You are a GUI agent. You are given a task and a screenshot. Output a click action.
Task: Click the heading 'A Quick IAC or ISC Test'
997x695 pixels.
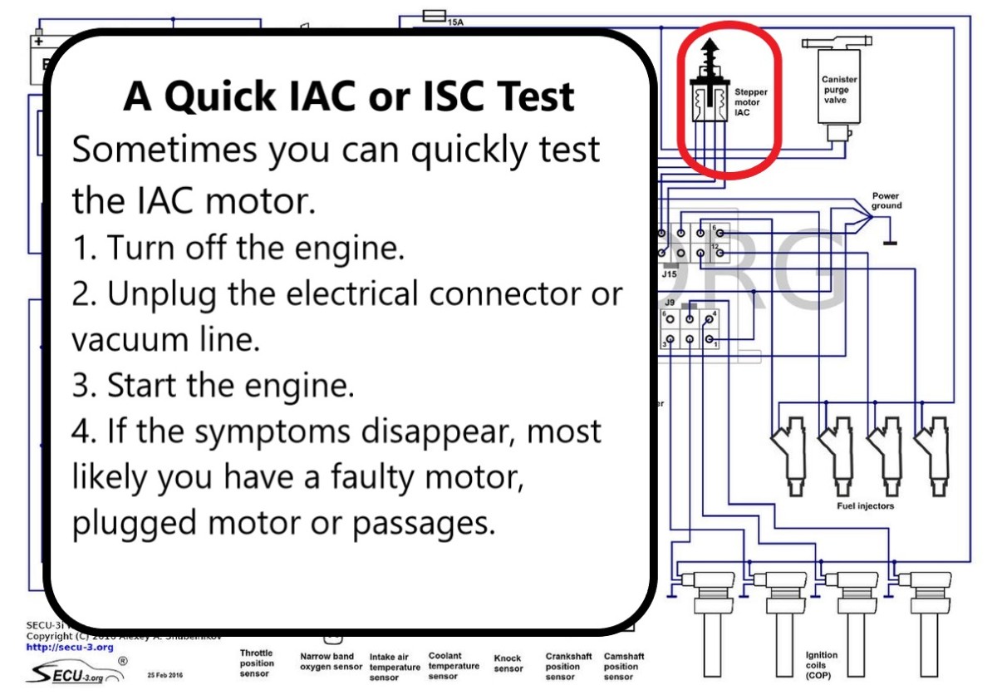tap(349, 96)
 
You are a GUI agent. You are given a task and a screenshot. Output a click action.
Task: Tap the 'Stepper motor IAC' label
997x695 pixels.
tap(750, 102)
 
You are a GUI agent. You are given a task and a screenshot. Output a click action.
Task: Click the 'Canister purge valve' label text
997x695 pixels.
tap(840, 90)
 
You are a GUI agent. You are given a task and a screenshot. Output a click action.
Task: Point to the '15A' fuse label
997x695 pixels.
tap(455, 22)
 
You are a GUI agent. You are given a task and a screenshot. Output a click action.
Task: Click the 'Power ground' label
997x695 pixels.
tap(886, 201)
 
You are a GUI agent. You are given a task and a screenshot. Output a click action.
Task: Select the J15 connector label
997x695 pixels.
tap(669, 273)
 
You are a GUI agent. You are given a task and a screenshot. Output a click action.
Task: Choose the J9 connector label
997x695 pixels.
tap(669, 303)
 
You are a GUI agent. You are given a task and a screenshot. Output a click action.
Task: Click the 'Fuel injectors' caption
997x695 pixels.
tap(865, 505)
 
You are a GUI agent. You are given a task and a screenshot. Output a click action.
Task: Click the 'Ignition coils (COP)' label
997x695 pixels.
tap(822, 665)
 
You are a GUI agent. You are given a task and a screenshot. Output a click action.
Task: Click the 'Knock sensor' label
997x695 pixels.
tap(508, 663)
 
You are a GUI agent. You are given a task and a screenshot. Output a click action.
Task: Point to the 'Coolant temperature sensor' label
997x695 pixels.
tap(454, 666)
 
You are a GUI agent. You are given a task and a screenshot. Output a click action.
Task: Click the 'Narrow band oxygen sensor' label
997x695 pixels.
tap(332, 662)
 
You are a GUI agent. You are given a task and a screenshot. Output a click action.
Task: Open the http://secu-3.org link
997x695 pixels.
tap(70, 647)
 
